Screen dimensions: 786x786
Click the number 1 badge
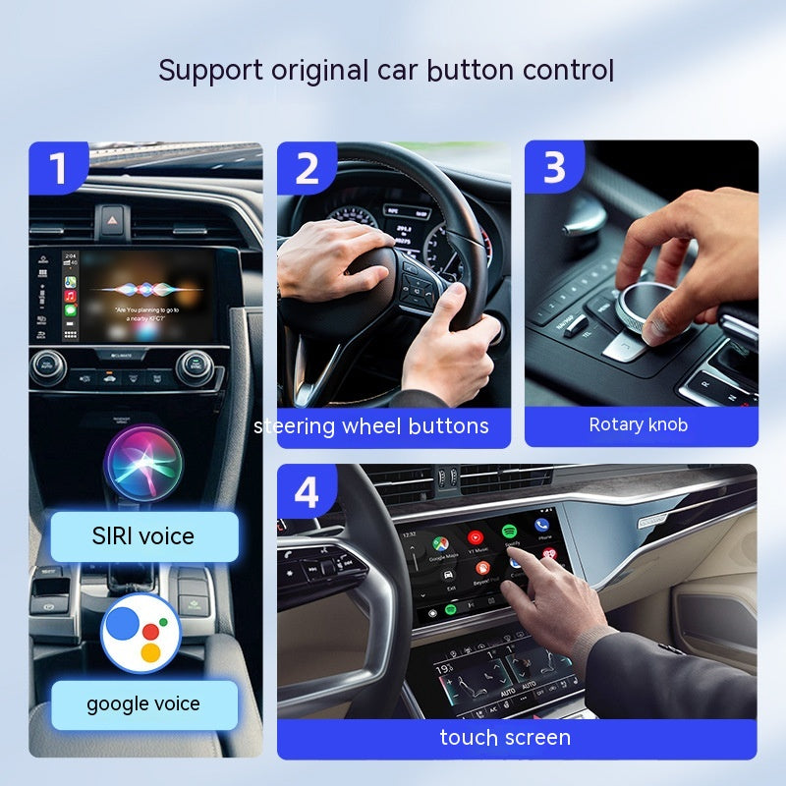click(58, 168)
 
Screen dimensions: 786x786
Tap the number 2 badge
click(308, 168)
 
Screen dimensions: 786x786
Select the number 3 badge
click(554, 168)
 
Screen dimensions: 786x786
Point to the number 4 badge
click(308, 491)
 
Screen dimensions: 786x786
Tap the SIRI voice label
click(144, 536)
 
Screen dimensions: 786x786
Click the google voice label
click(144, 703)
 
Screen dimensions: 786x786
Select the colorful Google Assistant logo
click(140, 633)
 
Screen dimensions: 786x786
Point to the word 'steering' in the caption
click(294, 426)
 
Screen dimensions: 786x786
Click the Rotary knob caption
click(639, 424)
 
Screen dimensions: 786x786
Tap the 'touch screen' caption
click(505, 737)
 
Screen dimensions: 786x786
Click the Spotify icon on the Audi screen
click(510, 533)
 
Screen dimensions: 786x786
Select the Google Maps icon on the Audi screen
click(440, 543)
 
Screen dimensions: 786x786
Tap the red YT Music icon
click(476, 538)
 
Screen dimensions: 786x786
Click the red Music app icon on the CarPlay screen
click(71, 295)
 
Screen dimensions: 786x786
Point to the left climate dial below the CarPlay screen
click(47, 365)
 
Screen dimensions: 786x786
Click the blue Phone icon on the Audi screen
click(542, 528)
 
